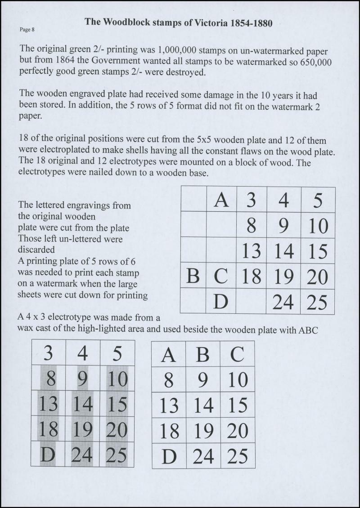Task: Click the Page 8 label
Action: click(x=27, y=30)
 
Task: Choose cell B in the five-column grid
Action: click(x=193, y=276)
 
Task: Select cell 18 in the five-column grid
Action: click(x=252, y=276)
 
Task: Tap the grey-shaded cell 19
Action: click(x=82, y=429)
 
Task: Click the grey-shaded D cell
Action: click(x=48, y=455)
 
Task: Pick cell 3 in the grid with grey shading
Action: click(x=48, y=353)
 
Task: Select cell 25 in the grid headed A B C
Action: click(x=238, y=456)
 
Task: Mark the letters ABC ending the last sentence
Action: click(x=308, y=330)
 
